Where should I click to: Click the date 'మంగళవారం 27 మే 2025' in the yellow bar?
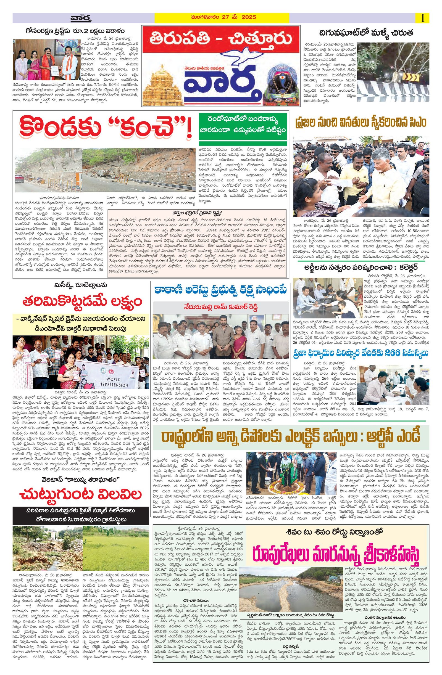tap(222, 17)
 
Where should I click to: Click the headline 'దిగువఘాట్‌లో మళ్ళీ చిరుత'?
tap(366, 32)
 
